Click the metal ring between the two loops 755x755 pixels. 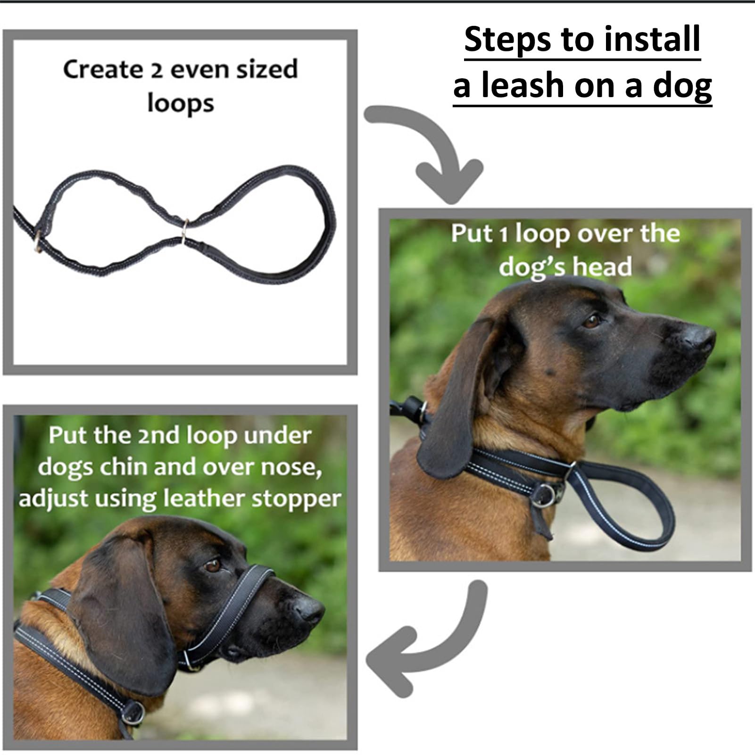184,230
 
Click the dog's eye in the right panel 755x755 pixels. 591,321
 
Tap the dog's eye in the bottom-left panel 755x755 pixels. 213,565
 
